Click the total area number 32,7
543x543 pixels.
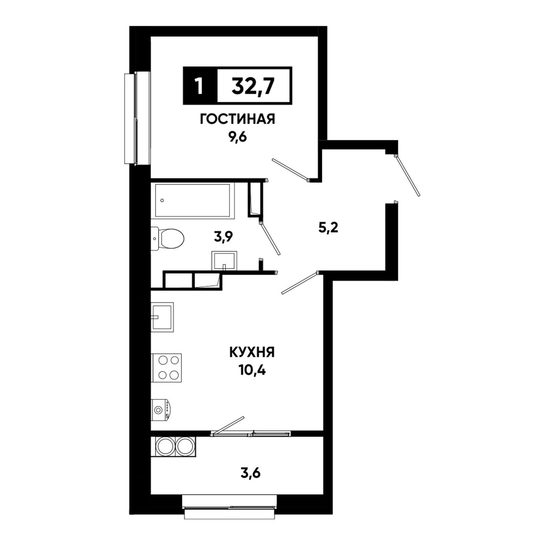coord(252,86)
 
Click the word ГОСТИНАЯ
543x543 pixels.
coord(237,120)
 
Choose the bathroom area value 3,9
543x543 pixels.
coord(223,237)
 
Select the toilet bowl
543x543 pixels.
coord(168,239)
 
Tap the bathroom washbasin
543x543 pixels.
coord(224,260)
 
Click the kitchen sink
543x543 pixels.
coord(162,317)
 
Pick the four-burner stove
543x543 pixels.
coord(166,368)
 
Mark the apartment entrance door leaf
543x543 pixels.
coord(408,176)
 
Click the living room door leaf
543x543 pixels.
coord(291,170)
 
